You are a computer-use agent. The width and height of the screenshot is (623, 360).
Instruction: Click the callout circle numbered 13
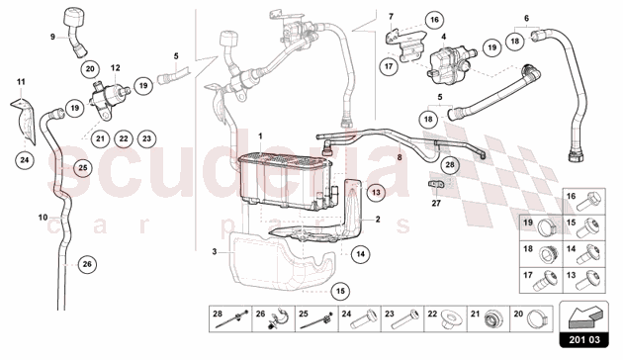(376, 193)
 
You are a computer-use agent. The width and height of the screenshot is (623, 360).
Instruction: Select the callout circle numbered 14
(360, 254)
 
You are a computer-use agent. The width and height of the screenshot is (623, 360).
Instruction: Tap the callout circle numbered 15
(340, 291)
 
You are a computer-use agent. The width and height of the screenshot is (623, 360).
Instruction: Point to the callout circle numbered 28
(450, 164)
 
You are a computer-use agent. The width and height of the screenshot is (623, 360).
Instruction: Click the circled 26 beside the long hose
(87, 264)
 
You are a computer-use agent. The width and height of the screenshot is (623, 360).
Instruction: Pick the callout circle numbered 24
(25, 160)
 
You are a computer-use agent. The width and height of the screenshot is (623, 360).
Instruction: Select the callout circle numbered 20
(90, 69)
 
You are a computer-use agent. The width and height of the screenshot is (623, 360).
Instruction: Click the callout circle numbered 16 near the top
(434, 20)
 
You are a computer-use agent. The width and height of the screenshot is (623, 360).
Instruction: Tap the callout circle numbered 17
(389, 66)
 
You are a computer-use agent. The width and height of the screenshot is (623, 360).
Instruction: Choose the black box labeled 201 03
(584, 340)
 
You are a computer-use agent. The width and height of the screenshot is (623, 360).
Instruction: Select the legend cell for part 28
(230, 318)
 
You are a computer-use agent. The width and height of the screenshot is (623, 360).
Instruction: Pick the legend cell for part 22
(445, 318)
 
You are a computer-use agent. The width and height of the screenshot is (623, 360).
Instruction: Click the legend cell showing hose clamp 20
(531, 318)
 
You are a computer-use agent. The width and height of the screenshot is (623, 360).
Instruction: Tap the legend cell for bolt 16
(584, 202)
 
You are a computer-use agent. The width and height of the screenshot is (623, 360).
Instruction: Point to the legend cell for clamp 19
(541, 227)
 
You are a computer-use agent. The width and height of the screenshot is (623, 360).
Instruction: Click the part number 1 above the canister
(261, 136)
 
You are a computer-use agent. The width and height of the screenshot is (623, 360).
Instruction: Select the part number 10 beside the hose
(43, 218)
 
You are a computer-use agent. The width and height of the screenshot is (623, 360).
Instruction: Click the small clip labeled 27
(436, 184)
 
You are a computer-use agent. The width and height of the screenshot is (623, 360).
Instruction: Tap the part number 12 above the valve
(116, 68)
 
